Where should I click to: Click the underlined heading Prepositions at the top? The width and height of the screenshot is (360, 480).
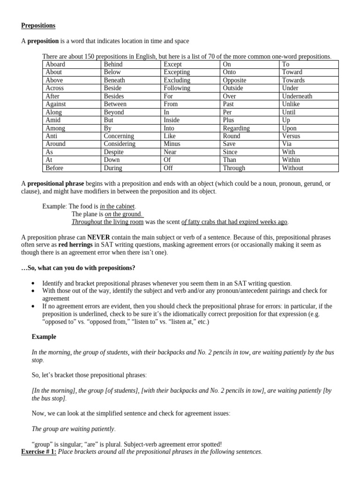(38, 25)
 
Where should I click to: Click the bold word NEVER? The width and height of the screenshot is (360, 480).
(98, 237)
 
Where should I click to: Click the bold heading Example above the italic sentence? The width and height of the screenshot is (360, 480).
(44, 337)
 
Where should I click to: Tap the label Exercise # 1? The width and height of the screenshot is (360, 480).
(39, 452)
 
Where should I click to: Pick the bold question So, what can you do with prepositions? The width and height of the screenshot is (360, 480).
(78, 268)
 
